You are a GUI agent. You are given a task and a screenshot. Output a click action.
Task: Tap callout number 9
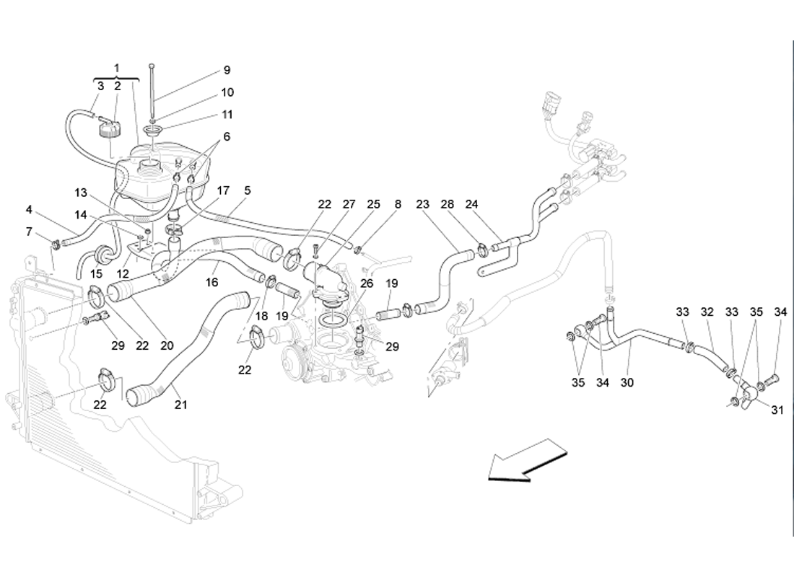[x=227, y=70]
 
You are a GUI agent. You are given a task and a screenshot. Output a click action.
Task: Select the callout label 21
[x=180, y=405]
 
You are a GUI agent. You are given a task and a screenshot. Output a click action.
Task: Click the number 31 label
[x=777, y=410]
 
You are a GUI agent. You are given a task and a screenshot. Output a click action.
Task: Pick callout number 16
[x=212, y=283]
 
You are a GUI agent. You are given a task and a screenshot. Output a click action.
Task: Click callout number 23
[x=423, y=205]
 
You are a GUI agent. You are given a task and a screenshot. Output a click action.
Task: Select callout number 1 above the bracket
[x=116, y=68]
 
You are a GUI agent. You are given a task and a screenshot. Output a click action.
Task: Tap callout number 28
[x=448, y=205]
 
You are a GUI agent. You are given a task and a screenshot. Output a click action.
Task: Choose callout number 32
[x=707, y=312]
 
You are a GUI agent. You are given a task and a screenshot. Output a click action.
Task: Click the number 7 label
[x=29, y=232]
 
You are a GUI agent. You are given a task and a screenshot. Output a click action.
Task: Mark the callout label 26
[x=367, y=283]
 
